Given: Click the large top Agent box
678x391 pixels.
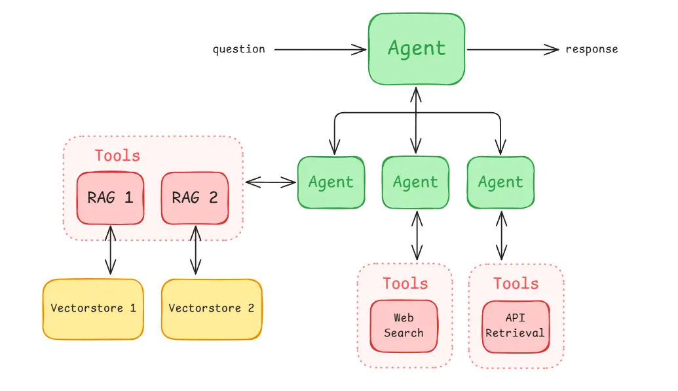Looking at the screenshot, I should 417,49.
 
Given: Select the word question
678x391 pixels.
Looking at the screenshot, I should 238,49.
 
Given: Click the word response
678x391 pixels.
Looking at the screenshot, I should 592,49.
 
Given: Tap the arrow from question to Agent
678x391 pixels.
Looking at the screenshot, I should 320,49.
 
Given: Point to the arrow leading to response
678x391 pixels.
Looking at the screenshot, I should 512,49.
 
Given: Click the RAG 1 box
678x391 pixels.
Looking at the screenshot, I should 110,197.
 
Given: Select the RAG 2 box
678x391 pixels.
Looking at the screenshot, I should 195,197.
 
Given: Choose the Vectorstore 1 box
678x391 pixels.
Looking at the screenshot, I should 93,308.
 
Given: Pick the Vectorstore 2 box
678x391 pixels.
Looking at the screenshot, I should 211,308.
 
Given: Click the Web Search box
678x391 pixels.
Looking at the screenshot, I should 404,325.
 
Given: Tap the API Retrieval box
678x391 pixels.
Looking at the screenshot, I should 515,325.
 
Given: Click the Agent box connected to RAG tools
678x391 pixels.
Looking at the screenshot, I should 331,182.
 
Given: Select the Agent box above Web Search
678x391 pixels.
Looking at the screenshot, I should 415,182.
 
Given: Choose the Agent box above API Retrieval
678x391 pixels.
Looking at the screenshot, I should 500,182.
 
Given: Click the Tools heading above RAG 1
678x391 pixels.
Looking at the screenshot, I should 117,155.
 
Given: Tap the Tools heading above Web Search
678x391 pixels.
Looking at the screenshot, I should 405,283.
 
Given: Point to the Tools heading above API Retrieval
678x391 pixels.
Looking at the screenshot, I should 516,283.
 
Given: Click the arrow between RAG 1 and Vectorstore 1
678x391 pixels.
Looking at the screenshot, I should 110,249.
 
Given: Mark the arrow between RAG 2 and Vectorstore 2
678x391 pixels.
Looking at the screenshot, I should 195,249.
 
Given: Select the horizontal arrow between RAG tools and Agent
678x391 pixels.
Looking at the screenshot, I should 270,182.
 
